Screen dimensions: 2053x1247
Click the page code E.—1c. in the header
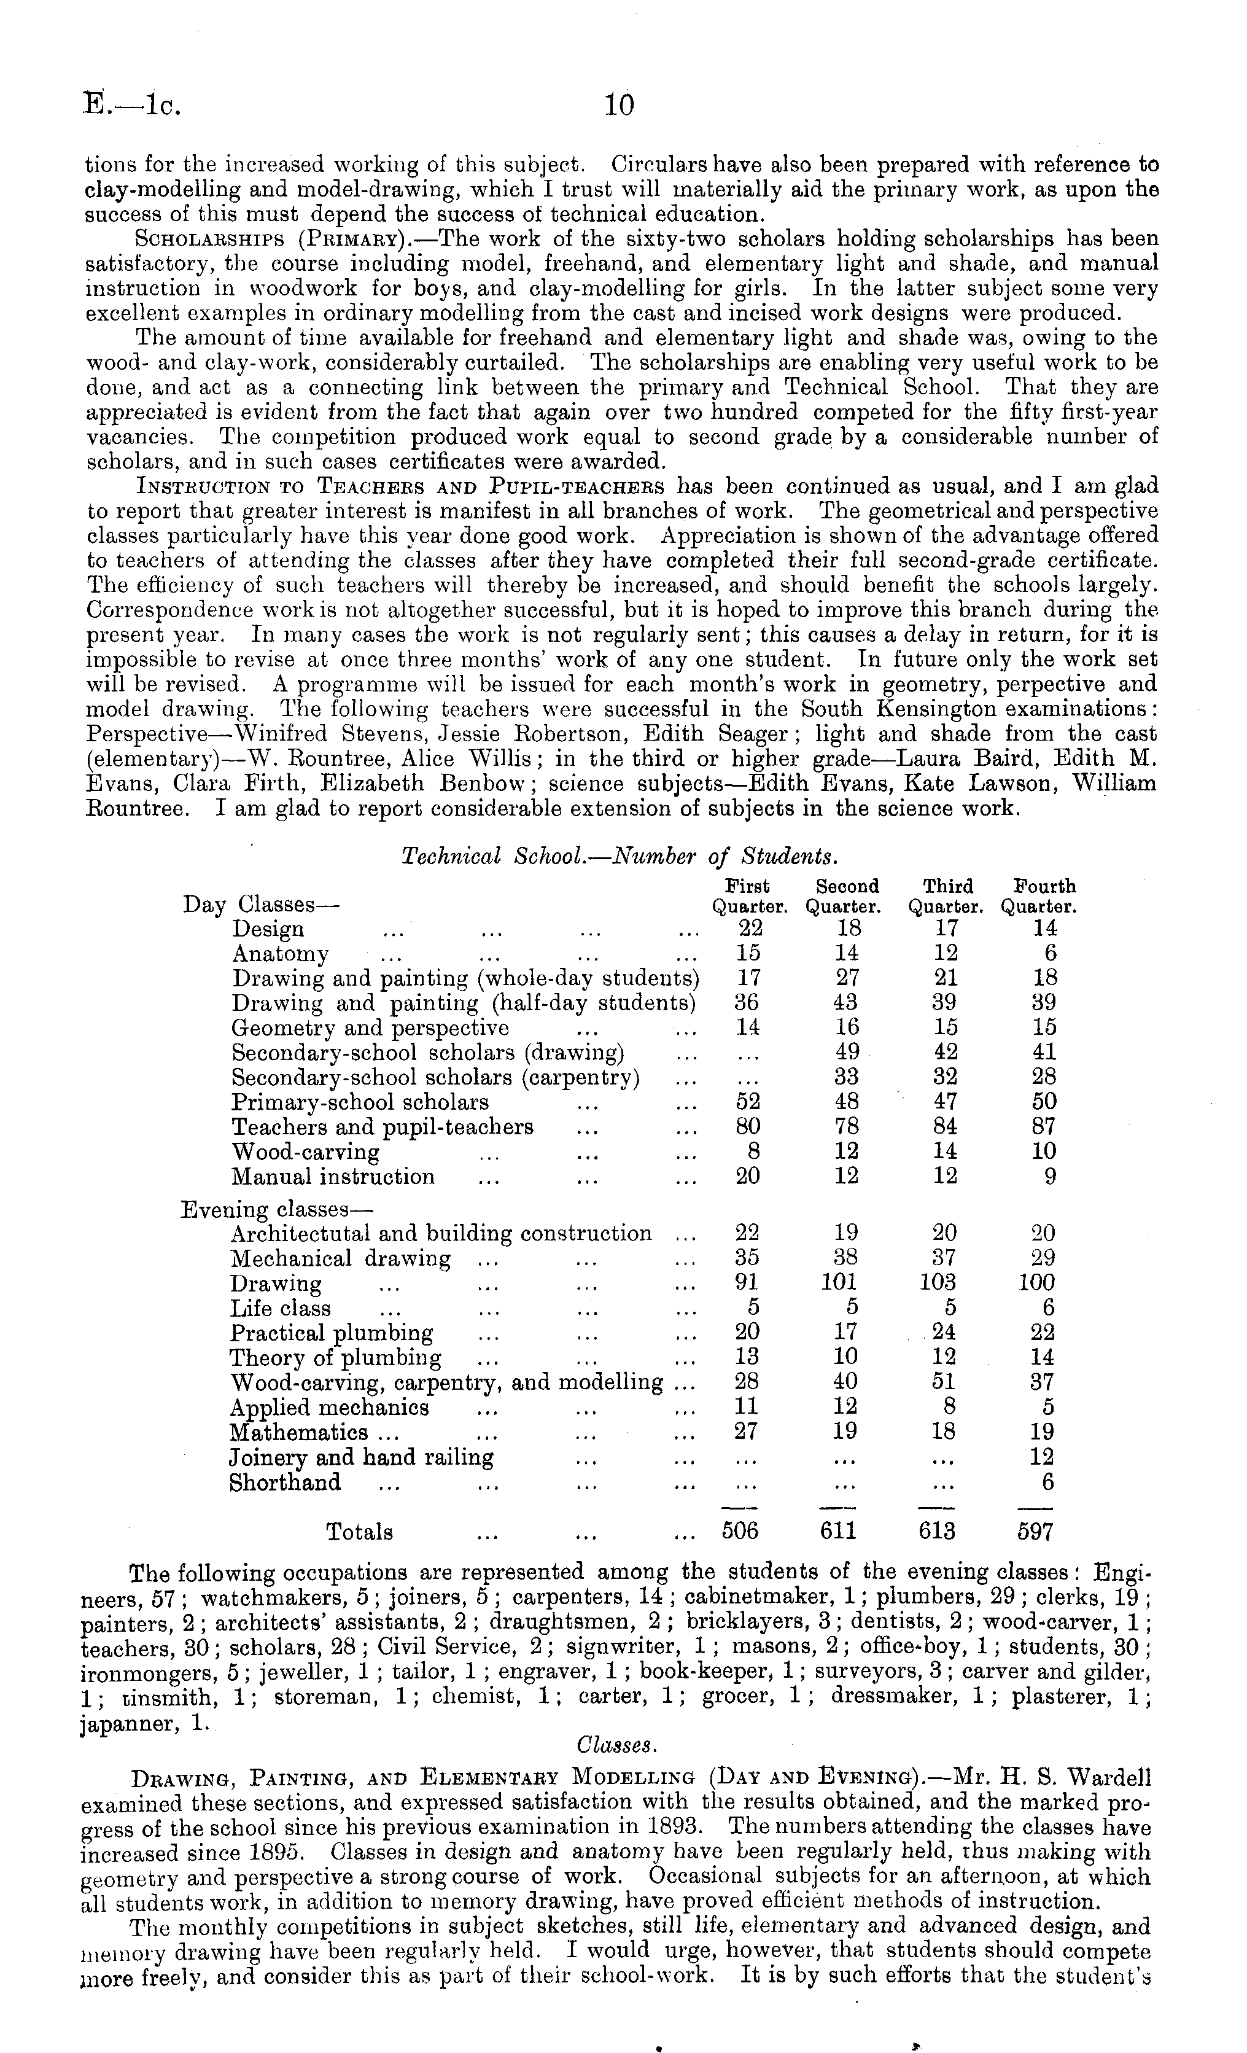click(133, 106)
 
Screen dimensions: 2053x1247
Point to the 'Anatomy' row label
click(280, 954)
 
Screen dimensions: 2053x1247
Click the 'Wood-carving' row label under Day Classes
click(305, 1152)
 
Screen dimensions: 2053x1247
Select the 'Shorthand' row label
click(285, 1483)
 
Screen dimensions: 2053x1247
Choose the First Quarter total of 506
click(740, 1532)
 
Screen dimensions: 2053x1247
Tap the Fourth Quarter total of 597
click(1035, 1532)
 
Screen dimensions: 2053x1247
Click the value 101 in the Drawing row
click(839, 1283)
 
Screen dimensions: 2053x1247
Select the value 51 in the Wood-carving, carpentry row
click(944, 1382)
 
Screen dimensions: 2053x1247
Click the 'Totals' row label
click(359, 1532)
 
